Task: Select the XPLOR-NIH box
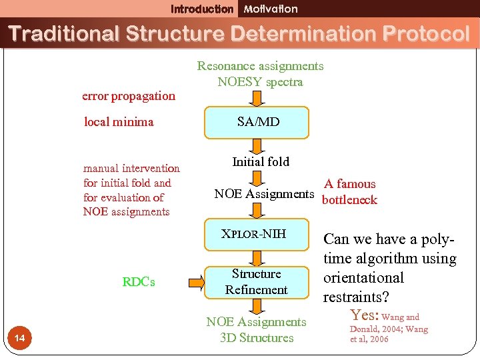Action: pyautogui.click(x=254, y=233)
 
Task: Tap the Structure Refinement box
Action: pyautogui.click(x=256, y=282)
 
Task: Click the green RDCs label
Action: pyautogui.click(x=139, y=282)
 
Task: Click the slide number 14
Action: pyautogui.click(x=20, y=339)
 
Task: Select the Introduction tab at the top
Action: pyautogui.click(x=202, y=9)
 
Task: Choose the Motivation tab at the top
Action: pyautogui.click(x=271, y=9)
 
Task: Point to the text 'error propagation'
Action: pyautogui.click(x=129, y=96)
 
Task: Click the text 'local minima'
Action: pyautogui.click(x=119, y=122)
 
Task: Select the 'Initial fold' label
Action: pyautogui.click(x=261, y=161)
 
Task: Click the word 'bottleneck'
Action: pyautogui.click(x=349, y=200)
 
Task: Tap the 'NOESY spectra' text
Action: pyautogui.click(x=260, y=82)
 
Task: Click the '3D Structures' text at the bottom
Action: pyautogui.click(x=257, y=338)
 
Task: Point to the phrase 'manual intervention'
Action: pyautogui.click(x=131, y=169)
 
